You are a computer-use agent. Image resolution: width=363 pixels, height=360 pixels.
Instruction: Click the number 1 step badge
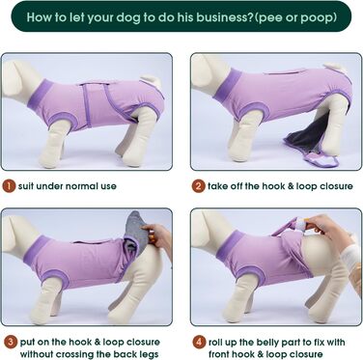[9, 186]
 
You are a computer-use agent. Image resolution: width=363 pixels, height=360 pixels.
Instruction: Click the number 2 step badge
[198, 186]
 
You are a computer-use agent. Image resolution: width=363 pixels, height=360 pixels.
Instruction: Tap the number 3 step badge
[11, 342]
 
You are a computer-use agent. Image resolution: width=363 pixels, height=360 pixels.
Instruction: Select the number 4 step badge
[199, 342]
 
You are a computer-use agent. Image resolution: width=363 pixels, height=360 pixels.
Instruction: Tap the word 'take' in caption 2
[218, 186]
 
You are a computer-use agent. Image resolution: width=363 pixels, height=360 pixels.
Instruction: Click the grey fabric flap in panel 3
[135, 232]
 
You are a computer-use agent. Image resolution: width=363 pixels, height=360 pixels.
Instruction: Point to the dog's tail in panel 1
[152, 80]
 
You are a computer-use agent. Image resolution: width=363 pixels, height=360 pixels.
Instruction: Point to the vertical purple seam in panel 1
[85, 105]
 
